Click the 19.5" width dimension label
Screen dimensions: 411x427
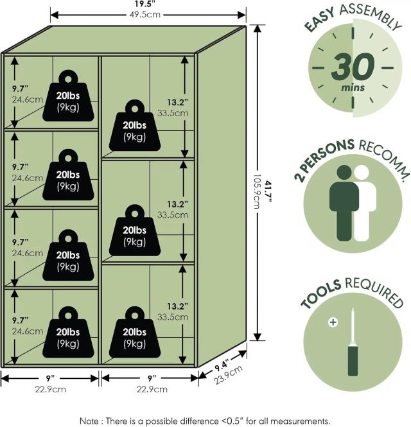144,4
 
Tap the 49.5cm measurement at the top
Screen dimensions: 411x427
144,14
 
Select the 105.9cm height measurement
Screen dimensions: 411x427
256,192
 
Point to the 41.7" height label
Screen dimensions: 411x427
268,192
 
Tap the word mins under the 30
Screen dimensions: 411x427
353,88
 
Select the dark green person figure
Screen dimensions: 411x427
344,203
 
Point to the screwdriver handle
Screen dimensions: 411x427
353,361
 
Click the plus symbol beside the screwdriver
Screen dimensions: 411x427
333,322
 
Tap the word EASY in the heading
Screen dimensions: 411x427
319,20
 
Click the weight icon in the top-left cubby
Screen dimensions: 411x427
68,96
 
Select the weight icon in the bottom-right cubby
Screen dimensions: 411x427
135,332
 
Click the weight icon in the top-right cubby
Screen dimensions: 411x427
135,125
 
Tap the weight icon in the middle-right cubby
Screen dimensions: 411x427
135,230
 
